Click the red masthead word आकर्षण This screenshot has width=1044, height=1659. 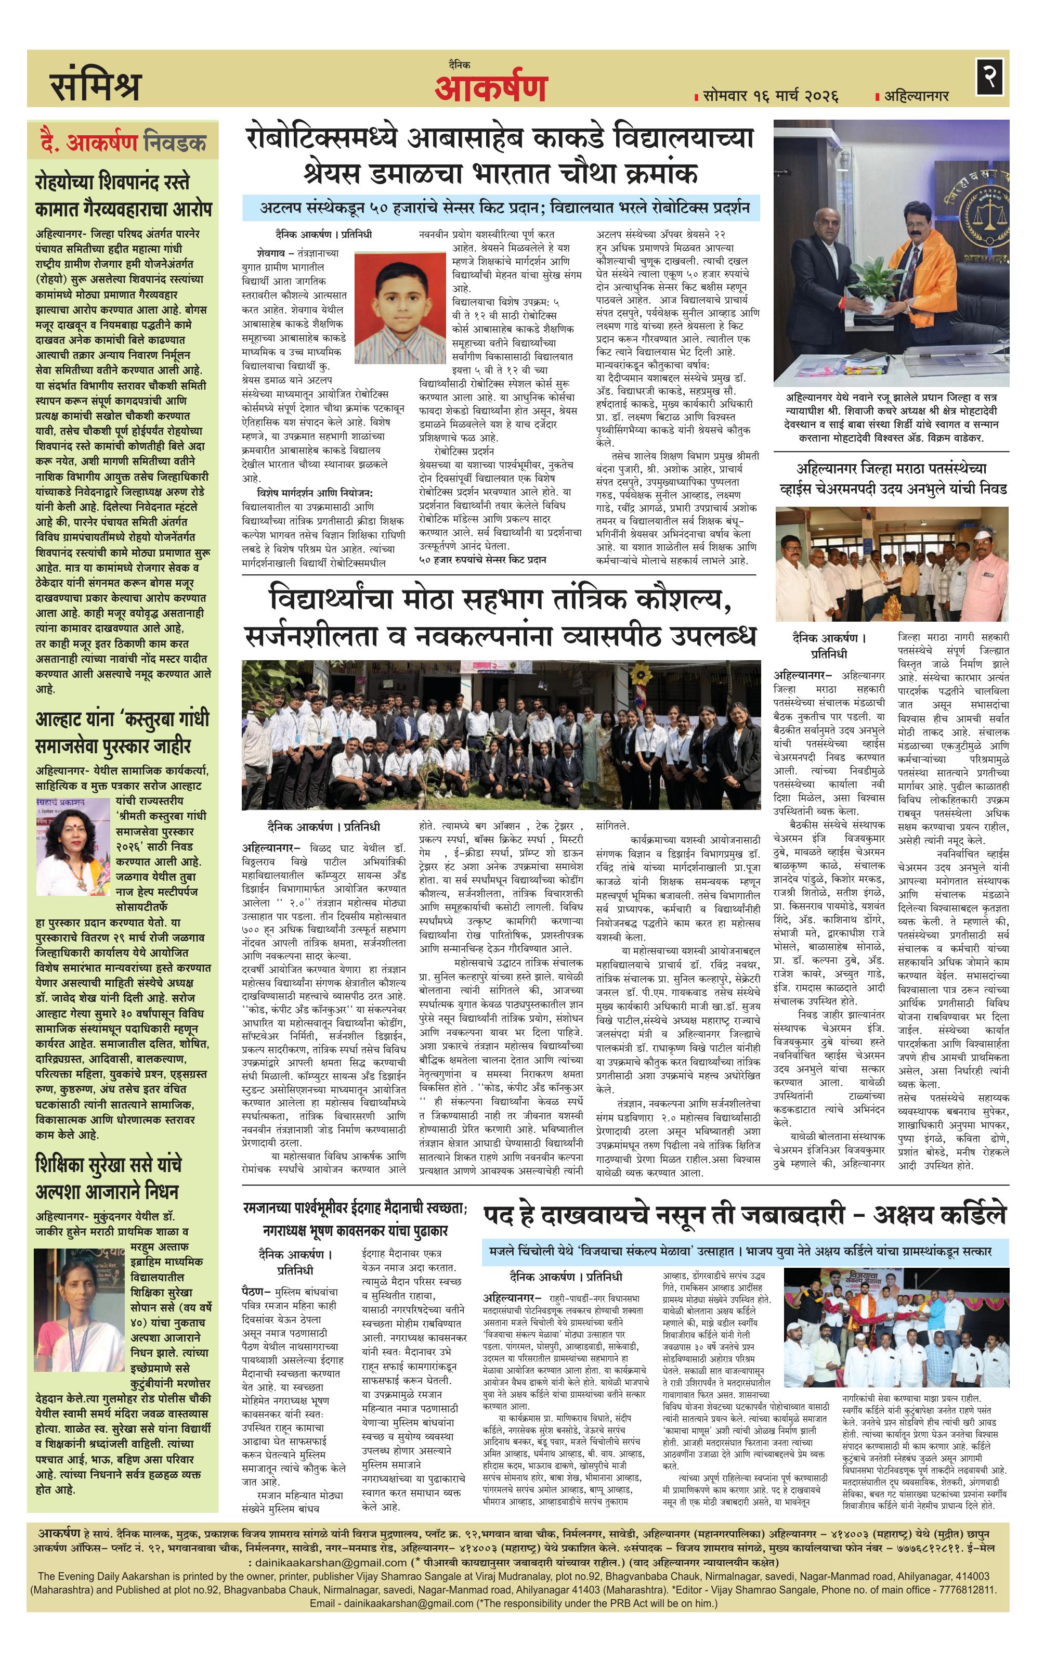click(x=490, y=87)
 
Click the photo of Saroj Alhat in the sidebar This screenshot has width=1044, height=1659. click(x=72, y=847)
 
